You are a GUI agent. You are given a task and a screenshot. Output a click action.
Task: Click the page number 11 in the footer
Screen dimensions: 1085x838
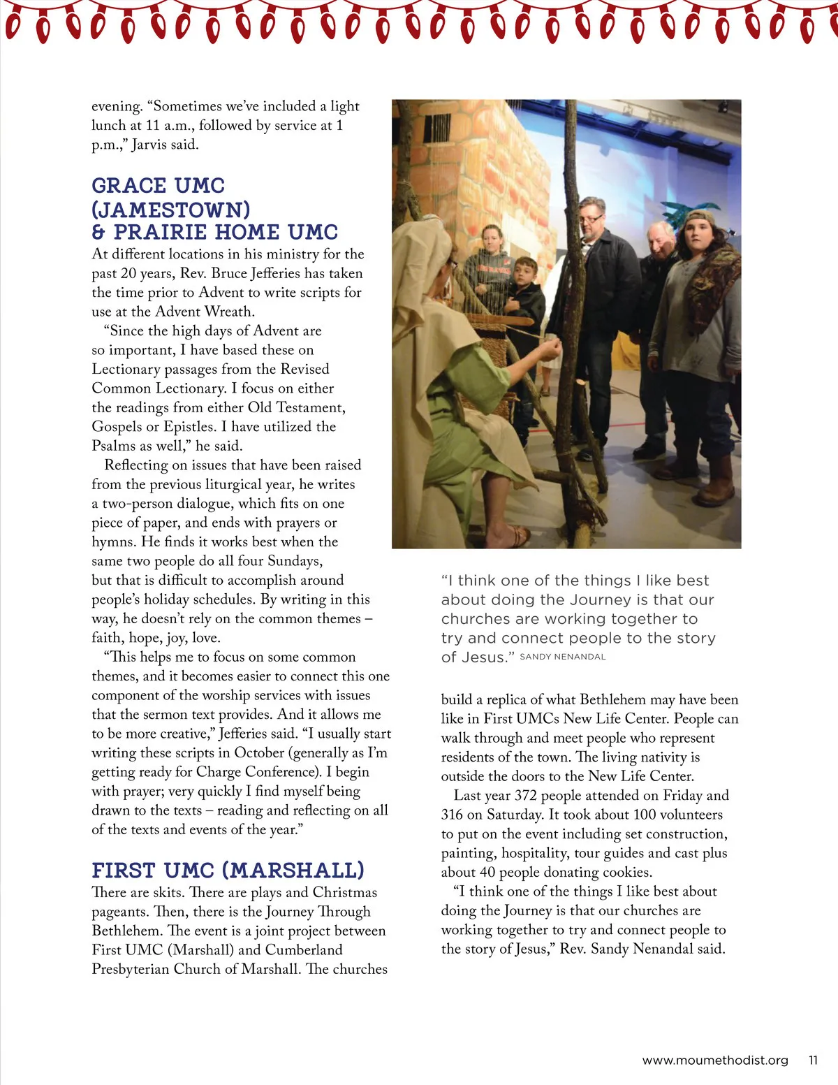tap(813, 1060)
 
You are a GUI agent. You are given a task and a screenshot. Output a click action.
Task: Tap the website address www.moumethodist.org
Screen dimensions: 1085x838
tap(714, 1060)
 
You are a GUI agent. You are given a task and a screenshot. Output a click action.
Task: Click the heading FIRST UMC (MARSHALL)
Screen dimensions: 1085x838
tap(228, 870)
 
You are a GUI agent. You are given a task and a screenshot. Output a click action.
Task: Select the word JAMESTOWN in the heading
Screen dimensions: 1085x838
tap(172, 209)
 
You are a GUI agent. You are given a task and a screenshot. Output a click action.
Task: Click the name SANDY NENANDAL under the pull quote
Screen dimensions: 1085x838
tap(563, 657)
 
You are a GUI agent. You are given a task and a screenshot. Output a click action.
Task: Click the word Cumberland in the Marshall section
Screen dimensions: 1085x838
tap(304, 949)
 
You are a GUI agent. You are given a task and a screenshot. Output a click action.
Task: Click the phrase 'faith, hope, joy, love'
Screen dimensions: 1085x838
tap(156, 637)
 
